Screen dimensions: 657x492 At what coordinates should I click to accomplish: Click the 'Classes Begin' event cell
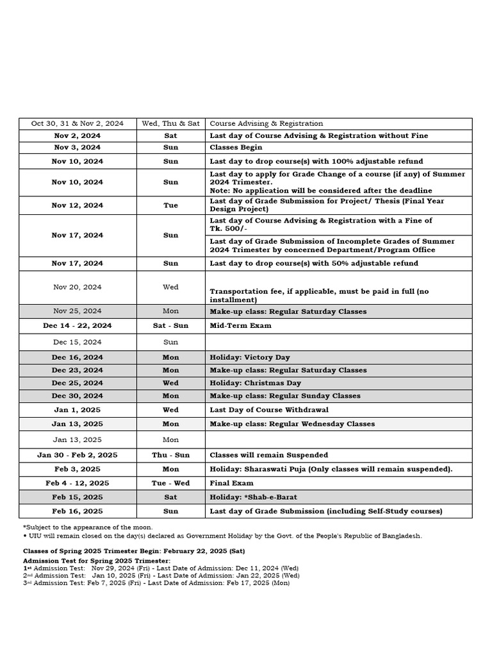[x=236, y=148]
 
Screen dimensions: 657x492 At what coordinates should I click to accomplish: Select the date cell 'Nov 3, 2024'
[x=77, y=148]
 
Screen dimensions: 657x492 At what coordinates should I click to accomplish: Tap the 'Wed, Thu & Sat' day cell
[x=170, y=123]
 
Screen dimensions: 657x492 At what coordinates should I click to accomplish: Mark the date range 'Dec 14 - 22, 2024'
[x=77, y=325]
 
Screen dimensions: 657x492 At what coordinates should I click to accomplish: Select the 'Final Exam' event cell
[x=231, y=483]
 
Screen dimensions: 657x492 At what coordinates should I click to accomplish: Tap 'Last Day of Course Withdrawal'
[x=269, y=409]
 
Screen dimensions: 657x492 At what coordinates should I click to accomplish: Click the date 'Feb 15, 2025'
[x=77, y=497]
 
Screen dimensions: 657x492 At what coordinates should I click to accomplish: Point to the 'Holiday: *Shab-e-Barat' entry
[x=254, y=497]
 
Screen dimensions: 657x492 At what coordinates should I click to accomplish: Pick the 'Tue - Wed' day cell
[x=170, y=483]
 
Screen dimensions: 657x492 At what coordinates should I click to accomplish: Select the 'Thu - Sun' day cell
[x=170, y=455]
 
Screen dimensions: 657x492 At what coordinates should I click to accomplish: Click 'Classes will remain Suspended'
[x=268, y=455]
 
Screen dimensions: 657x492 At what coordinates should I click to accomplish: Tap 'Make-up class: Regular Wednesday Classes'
[x=292, y=424]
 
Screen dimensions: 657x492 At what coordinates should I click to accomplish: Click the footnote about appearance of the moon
[x=88, y=527]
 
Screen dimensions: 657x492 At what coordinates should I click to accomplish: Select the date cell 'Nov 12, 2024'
[x=77, y=205]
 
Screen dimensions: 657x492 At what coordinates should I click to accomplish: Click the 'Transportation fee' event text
[x=319, y=295]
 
